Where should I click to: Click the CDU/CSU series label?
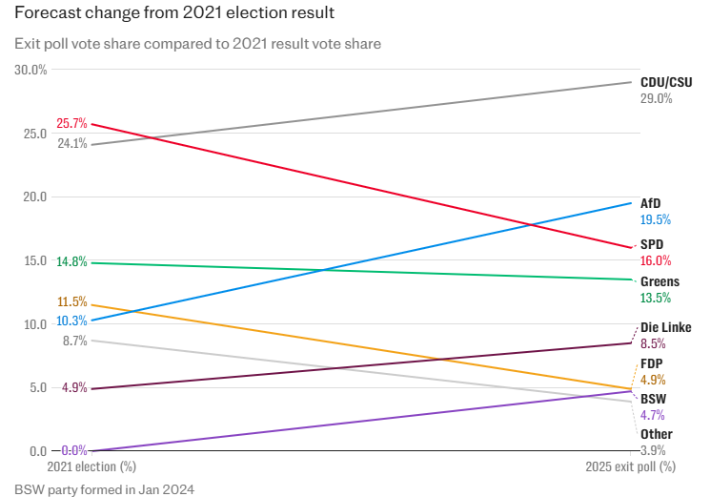pyautogui.click(x=665, y=83)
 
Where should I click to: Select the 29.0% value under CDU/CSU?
pyautogui.click(x=656, y=98)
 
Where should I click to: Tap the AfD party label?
pyautogui.click(x=650, y=203)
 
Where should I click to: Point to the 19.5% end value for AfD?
pyautogui.click(x=656, y=219)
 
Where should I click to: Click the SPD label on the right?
pyautogui.click(x=652, y=244)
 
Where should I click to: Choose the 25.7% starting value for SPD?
pyautogui.click(x=72, y=123)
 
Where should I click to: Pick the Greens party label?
pyautogui.click(x=659, y=281)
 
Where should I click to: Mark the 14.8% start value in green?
pyautogui.click(x=72, y=262)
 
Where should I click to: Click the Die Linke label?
pyautogui.click(x=665, y=327)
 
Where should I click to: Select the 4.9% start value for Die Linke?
pyautogui.click(x=75, y=388)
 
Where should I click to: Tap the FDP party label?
pyautogui.click(x=652, y=363)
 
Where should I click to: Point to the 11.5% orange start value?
pyautogui.click(x=72, y=302)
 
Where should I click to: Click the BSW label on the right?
pyautogui.click(x=653, y=399)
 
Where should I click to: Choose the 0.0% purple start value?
pyautogui.click(x=75, y=450)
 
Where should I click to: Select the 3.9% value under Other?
pyautogui.click(x=653, y=450)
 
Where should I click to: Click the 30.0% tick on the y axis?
pyautogui.click(x=30, y=70)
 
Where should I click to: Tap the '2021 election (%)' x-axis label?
pyautogui.click(x=91, y=467)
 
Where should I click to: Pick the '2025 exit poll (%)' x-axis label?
pyautogui.click(x=630, y=467)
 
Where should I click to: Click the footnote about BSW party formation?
pyautogui.click(x=104, y=489)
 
